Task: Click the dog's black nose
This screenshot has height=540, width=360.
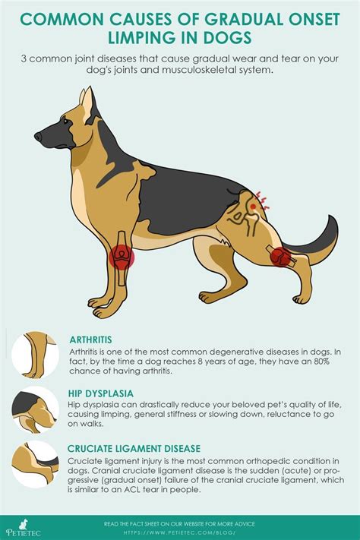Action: tap(38, 137)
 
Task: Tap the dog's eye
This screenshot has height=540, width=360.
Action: tap(66, 121)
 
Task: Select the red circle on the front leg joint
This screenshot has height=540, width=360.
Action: tap(122, 256)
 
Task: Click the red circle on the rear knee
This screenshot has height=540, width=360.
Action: tap(282, 257)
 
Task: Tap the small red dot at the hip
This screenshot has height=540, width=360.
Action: tap(253, 207)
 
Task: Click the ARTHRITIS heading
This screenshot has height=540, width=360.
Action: tap(90, 340)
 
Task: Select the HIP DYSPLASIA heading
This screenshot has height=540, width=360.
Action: tap(100, 393)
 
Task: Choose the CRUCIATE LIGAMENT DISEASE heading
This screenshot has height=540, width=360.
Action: tap(134, 448)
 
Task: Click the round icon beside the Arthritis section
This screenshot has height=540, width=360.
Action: tap(35, 355)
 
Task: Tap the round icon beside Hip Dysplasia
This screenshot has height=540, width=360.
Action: tap(35, 409)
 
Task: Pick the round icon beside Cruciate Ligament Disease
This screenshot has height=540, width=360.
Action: tap(35, 464)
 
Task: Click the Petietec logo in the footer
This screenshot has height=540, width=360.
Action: tap(23, 528)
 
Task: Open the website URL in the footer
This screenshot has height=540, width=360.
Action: tap(180, 532)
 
